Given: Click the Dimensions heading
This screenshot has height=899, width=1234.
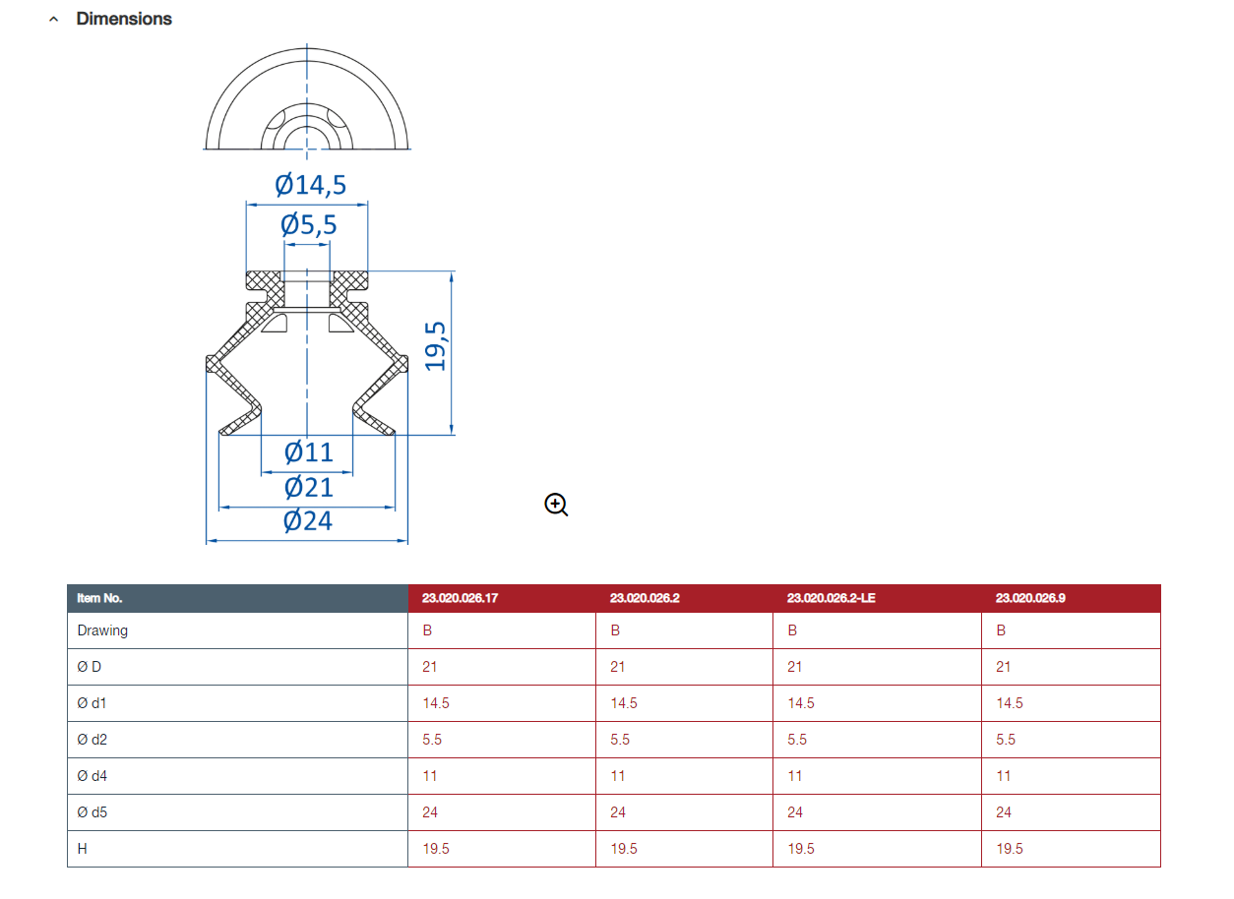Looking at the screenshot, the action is coord(124,19).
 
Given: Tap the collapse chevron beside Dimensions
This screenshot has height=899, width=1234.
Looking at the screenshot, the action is coord(53,20).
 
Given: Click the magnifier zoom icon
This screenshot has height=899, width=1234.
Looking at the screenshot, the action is coord(556,505).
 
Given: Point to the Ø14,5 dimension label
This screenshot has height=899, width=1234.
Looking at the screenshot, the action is coord(311,185).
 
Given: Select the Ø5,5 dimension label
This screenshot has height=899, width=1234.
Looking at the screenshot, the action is coord(309,224).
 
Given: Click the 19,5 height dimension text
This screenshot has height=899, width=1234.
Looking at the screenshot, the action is coord(435,346).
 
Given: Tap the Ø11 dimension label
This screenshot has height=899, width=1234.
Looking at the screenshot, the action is coord(309,452).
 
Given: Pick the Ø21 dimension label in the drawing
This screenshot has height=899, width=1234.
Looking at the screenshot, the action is coord(309,487).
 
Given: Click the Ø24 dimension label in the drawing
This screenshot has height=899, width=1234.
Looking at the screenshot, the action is coord(308,520).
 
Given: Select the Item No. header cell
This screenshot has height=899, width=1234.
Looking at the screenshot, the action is coord(99,598).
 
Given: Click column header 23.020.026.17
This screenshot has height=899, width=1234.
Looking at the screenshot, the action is coord(460,598).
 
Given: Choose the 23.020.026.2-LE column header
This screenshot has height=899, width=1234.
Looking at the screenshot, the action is coord(831,598).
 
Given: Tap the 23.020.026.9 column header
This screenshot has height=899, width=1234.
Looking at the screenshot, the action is coord(1030,598).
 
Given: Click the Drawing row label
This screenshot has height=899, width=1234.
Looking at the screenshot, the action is coord(102,630).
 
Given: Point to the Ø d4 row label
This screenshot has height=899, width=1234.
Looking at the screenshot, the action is coord(92,776).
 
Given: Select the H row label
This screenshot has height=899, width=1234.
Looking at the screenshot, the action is coord(82,849).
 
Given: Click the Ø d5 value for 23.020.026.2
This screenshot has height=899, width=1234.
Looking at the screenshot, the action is coord(618,812).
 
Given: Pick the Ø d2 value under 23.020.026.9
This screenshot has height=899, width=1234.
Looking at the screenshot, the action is coord(1006,740).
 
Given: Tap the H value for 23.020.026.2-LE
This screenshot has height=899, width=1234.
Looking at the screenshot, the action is coord(801,849).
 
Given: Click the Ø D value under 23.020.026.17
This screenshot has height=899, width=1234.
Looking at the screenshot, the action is coord(430,667).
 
